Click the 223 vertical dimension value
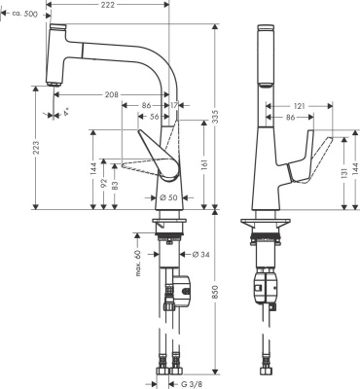pyautogui.click(x=11, y=147)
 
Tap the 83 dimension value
pyautogui.click(x=116, y=185)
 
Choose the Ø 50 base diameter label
pyautogui.click(x=165, y=198)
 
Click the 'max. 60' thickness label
pyautogui.click(x=139, y=260)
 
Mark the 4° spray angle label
pyautogui.click(x=55, y=124)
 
